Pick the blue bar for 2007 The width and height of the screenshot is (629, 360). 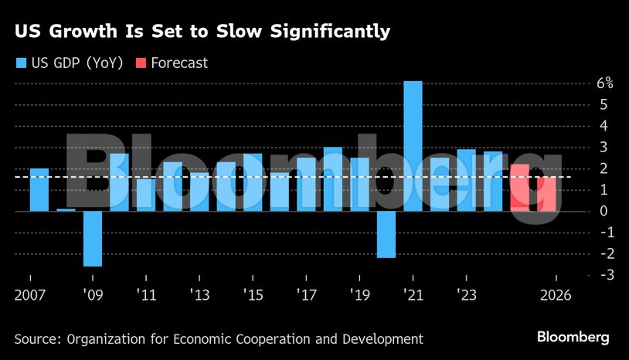39,189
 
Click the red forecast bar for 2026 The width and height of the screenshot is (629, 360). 546,194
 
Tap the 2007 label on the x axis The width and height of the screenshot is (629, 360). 30,295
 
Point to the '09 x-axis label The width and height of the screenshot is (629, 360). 93,295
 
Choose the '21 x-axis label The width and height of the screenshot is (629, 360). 413,295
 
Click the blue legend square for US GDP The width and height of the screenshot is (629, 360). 20,63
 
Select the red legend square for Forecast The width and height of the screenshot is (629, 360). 141,63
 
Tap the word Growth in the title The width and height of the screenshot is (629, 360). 76,32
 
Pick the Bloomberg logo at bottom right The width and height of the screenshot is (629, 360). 573,338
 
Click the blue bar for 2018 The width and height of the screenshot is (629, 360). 333,178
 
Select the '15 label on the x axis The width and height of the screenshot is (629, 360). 253,295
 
